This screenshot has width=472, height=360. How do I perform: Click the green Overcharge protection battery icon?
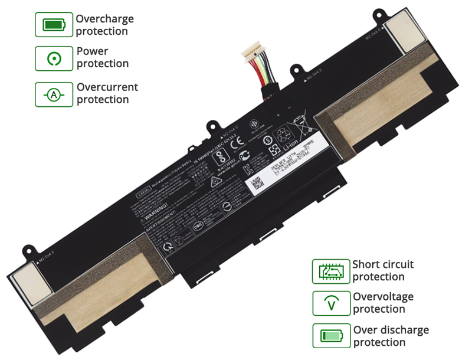pyautogui.click(x=55, y=25)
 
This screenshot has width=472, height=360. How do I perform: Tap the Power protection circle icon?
pyautogui.click(x=55, y=57)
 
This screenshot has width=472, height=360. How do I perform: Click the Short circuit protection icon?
pyautogui.click(x=331, y=271)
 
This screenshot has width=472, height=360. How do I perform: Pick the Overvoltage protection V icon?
pyautogui.click(x=331, y=303)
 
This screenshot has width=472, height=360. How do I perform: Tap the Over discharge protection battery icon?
pyautogui.click(x=331, y=336)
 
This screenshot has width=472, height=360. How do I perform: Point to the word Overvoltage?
pyautogui.click(x=383, y=296)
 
